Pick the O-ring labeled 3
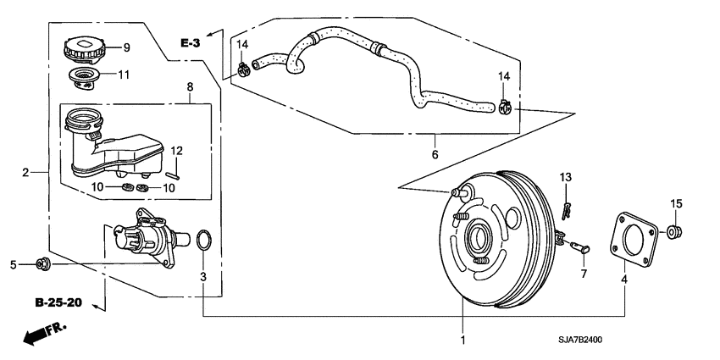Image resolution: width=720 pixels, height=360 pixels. [x=203, y=240]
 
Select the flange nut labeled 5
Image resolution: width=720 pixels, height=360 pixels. [x=44, y=265]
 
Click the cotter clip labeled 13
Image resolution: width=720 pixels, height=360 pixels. [x=565, y=208]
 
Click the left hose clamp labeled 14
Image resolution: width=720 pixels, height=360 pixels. [x=243, y=66]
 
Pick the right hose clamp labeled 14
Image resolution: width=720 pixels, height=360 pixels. [x=507, y=108]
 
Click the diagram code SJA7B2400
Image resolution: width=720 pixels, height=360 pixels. [x=646, y=340]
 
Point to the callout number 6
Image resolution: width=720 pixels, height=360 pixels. [x=435, y=155]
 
